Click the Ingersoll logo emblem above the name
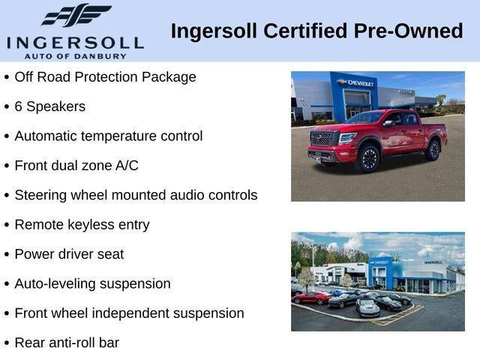coord(76,15)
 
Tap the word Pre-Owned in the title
coord(417,31)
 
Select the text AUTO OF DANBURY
coord(75,55)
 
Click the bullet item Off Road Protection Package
coord(105,76)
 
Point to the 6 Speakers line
coord(50,106)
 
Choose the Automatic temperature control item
coord(109,136)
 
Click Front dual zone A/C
coord(76,166)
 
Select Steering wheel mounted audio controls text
coord(136,195)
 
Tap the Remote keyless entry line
coord(82,224)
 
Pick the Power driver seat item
coord(70,254)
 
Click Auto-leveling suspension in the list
coord(93,283)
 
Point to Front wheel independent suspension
coord(129,313)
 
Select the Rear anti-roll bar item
coord(67,343)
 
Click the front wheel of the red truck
coord(368,158)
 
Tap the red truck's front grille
coord(324,139)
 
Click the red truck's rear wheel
coord(433,149)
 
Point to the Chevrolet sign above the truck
coord(355,82)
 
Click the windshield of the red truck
coord(365,118)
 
